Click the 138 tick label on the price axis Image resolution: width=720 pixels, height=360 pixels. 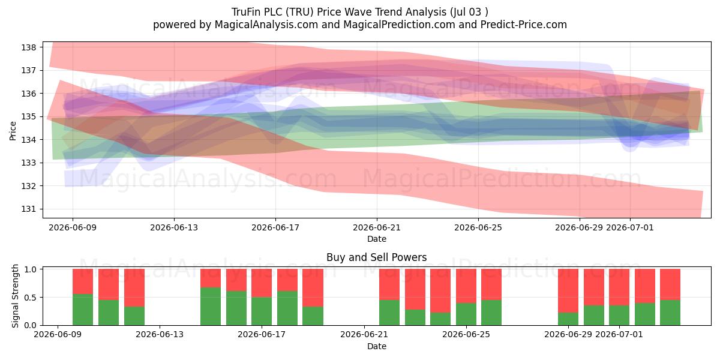point(28,47)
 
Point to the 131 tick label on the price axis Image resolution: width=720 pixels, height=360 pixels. point(28,209)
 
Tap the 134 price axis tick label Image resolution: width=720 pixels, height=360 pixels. point(28,140)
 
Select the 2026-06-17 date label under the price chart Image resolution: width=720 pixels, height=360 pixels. point(275,227)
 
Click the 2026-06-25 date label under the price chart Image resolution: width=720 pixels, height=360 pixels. point(478,227)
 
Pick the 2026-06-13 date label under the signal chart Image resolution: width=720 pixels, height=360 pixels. point(160,334)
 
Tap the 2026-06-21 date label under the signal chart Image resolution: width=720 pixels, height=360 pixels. point(364,334)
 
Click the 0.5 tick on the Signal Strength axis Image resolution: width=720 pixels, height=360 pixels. point(31,298)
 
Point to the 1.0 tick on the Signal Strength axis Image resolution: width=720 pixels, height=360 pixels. point(31,269)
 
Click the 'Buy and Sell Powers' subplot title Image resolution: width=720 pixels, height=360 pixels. point(376,257)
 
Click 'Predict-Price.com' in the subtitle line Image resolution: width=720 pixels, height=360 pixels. point(524,25)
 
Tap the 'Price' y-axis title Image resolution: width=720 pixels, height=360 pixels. point(13,131)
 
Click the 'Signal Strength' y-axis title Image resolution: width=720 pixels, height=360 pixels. point(15,296)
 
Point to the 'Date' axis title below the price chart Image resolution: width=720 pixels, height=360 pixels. point(377,239)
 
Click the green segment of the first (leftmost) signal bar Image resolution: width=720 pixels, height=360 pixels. point(83,310)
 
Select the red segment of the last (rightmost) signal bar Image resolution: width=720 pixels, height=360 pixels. point(670,284)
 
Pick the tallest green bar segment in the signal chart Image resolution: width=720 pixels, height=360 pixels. point(211,307)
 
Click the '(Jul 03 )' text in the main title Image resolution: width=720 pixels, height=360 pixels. point(469,12)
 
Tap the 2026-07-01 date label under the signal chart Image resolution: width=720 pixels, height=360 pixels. point(619,334)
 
